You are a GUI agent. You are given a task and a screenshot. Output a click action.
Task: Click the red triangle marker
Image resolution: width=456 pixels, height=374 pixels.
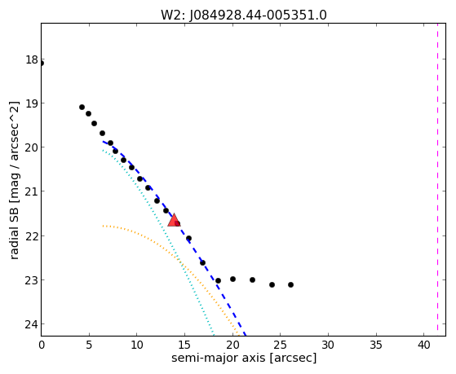pos(174,221)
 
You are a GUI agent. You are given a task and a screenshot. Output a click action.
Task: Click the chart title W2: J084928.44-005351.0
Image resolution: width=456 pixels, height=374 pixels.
pos(244,15)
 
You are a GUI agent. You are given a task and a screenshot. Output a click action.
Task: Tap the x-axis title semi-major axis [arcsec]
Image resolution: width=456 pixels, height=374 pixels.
pos(244,358)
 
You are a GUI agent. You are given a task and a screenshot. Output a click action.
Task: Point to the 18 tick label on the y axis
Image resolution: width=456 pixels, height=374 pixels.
pos(32,59)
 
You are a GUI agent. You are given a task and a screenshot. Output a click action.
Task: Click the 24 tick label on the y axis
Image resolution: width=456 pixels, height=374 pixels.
pos(32,324)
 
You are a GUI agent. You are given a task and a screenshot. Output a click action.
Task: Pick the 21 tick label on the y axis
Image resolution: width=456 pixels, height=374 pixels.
pos(32,191)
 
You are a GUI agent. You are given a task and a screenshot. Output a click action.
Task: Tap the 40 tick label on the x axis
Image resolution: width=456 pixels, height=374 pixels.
pos(424,345)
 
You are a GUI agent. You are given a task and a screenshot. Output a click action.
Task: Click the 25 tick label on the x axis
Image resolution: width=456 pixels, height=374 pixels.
pos(280,345)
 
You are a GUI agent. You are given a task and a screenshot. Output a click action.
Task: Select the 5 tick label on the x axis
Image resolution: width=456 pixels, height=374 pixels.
pos(89,345)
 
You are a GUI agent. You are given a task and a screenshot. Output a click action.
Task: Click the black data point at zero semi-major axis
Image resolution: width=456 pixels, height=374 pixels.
pos(42,64)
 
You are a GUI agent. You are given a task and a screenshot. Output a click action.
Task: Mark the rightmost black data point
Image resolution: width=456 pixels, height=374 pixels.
pos(290,285)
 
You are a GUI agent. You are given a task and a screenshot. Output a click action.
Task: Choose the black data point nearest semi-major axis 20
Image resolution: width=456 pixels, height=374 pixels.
pos(232,279)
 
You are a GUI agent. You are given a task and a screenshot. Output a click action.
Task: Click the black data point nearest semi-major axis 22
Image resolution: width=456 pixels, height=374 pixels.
pos(252,279)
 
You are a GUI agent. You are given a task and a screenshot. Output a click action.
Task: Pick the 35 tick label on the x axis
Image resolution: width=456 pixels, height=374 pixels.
pos(376,345)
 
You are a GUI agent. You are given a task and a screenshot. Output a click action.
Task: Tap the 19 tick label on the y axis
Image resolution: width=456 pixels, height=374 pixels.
pos(32,103)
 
